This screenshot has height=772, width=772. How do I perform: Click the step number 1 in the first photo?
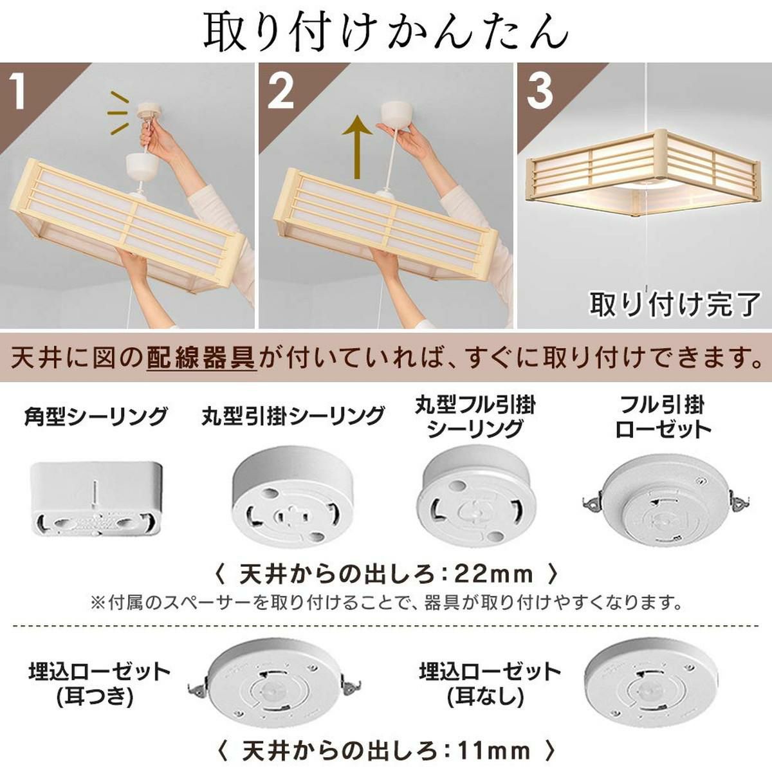click(18, 93)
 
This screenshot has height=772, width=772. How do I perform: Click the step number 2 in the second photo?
click(281, 93)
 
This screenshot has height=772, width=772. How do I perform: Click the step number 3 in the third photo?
click(540, 93)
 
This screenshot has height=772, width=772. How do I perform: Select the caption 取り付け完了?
click(675, 304)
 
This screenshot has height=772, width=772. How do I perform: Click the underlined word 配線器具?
click(201, 357)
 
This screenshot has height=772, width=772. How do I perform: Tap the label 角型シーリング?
click(95, 417)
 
